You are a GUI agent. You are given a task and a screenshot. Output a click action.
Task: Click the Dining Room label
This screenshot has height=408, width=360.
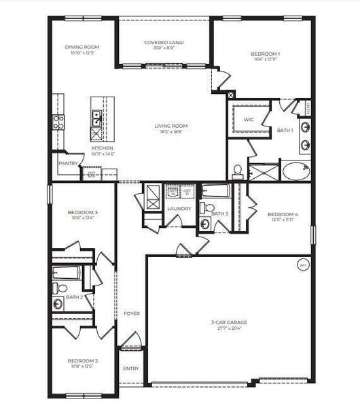[x=82, y=47]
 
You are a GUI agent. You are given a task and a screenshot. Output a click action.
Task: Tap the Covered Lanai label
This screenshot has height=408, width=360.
[x=164, y=42]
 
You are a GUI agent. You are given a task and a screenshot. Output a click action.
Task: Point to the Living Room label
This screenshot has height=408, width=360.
[x=171, y=126]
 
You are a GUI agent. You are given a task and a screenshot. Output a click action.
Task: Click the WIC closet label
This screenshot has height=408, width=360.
[x=249, y=120]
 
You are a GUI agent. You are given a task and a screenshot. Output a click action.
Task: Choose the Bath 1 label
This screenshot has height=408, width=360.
[x=285, y=129]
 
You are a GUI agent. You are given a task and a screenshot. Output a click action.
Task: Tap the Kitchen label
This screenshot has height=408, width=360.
[x=103, y=148]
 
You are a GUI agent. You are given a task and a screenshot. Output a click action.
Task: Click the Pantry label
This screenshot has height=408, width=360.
[x=68, y=163]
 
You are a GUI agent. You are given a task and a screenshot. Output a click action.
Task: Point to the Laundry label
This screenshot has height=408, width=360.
[x=179, y=208]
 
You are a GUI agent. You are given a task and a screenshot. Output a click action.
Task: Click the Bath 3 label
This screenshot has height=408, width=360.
[x=219, y=214]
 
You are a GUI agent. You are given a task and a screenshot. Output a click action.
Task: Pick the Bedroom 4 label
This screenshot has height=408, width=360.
[x=283, y=214]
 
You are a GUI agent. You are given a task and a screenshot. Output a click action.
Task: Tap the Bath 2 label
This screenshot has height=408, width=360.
[x=74, y=297]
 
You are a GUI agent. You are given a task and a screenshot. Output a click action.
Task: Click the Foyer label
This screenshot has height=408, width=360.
[x=131, y=313]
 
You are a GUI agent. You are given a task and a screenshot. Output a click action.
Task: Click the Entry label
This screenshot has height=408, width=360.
[x=130, y=369]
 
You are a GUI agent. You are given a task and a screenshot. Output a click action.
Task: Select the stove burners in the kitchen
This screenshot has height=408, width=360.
[x=59, y=122]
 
